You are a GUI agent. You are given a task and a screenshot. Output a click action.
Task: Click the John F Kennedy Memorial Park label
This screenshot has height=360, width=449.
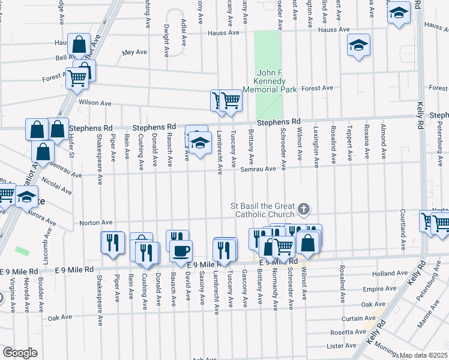274,81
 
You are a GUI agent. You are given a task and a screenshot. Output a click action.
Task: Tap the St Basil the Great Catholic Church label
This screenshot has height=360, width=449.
264,209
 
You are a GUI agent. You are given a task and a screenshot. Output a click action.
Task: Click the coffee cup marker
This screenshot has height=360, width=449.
181,250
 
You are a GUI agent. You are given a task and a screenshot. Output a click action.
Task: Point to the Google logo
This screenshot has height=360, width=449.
20,352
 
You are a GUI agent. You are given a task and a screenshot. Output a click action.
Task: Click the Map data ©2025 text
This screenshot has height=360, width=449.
424,355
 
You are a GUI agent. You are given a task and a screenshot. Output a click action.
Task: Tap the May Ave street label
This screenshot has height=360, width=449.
134,53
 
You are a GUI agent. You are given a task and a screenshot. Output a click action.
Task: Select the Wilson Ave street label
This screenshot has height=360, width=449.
95,103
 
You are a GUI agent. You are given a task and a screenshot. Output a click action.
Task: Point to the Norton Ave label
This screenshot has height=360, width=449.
96,223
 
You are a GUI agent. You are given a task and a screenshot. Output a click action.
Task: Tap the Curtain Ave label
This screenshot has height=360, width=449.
358,319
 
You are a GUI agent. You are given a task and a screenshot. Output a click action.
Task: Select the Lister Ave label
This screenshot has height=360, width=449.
342,346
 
